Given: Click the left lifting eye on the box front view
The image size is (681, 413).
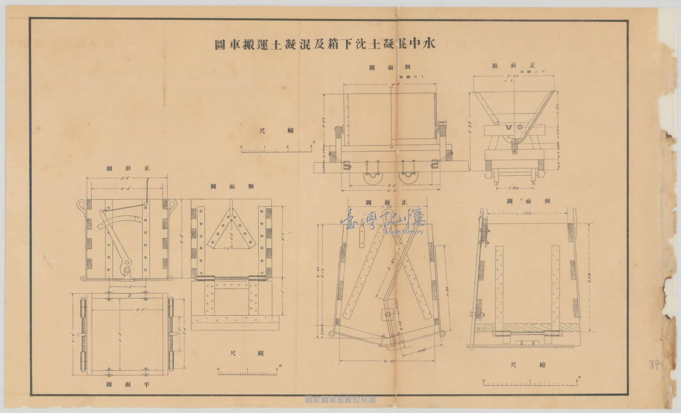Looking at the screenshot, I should (82, 205).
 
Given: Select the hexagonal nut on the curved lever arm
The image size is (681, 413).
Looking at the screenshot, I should (127, 262).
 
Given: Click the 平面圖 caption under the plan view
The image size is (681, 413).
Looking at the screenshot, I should (128, 385).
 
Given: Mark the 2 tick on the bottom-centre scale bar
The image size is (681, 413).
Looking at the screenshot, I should (277, 369).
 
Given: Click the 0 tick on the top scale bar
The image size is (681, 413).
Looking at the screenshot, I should (241, 147).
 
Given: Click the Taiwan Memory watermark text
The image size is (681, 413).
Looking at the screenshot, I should (403, 232).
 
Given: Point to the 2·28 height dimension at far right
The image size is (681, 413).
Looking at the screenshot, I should (589, 277).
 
